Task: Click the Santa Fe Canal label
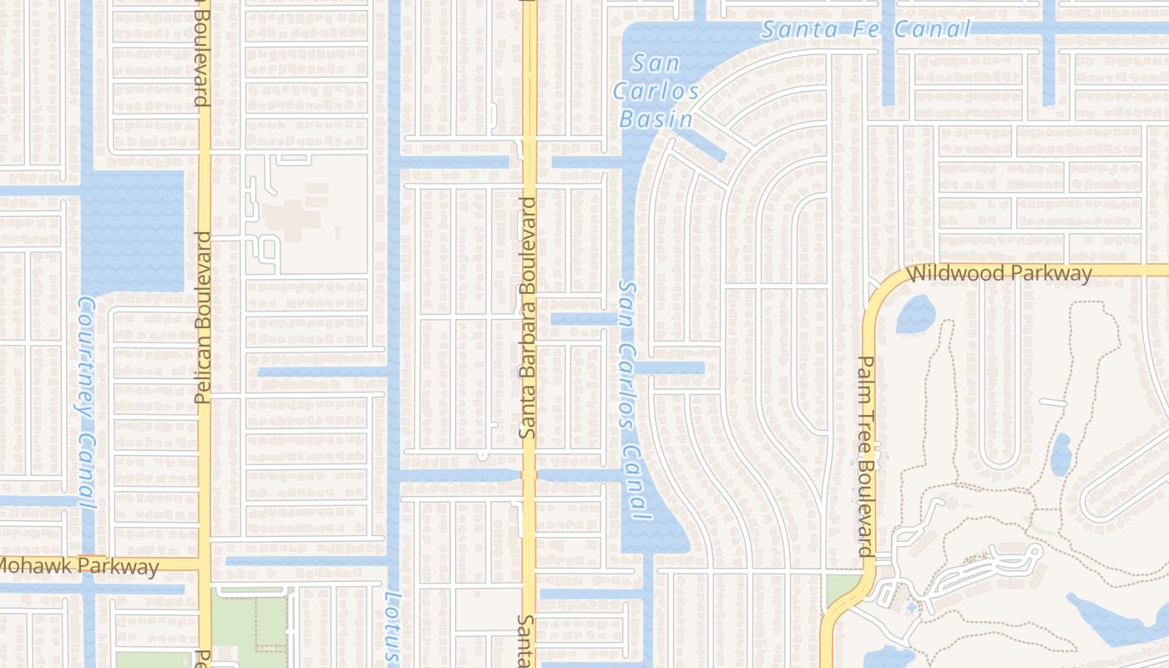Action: tap(866, 30)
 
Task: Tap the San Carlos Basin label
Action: tap(656, 90)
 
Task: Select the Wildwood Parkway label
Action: tap(999, 273)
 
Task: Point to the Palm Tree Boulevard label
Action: tap(865, 456)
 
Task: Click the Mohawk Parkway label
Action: tap(79, 567)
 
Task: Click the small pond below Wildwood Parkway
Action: tap(915, 314)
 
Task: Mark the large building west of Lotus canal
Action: tap(292, 215)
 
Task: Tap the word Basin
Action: tap(656, 119)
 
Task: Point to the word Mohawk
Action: tap(33, 567)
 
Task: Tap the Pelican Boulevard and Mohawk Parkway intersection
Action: tap(205, 564)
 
